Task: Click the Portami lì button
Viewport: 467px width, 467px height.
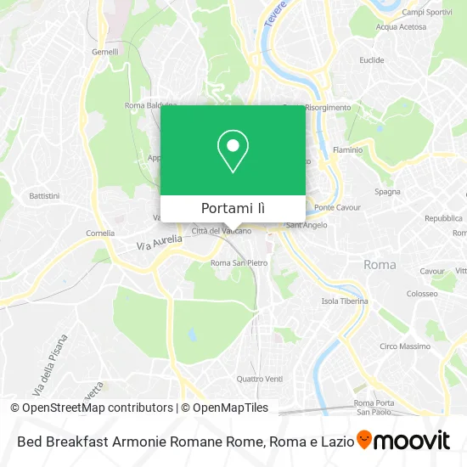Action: coord(233,208)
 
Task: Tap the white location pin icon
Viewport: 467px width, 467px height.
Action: coord(233,151)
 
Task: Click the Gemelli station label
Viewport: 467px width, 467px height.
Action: coord(104,51)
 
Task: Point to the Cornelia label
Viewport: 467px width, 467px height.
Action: coord(100,233)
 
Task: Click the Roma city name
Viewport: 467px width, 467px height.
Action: coord(379,265)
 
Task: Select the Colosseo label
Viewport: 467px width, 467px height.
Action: coord(421,294)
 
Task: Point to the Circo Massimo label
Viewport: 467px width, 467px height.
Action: coord(404,346)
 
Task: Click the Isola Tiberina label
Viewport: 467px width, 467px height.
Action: coord(344,301)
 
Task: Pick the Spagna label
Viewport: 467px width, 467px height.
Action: coord(387,192)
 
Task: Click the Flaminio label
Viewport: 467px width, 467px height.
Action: coord(346,150)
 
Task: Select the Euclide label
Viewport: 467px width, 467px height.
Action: coord(371,60)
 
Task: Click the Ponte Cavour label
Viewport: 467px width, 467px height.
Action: coord(337,207)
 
